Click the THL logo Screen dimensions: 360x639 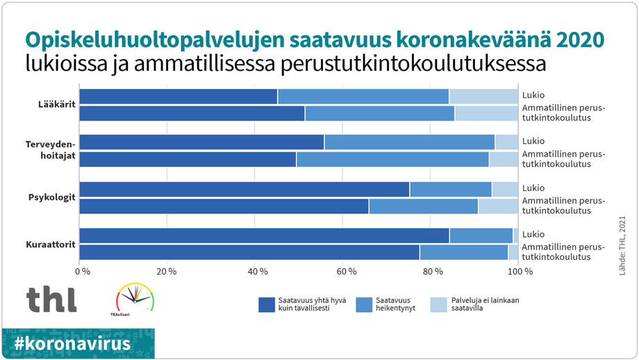tap(51, 299)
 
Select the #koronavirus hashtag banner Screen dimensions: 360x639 tap(78, 343)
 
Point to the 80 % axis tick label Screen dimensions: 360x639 tap(434, 270)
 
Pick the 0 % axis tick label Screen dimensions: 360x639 tap(83, 270)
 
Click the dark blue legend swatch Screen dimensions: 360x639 tap(267, 304)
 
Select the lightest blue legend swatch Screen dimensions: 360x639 tap(438, 304)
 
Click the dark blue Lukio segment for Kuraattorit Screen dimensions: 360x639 tap(264, 236)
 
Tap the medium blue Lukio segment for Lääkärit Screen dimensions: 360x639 tap(363, 97)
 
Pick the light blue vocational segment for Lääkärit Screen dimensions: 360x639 tap(486, 113)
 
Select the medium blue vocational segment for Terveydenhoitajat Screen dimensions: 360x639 tap(392, 159)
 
